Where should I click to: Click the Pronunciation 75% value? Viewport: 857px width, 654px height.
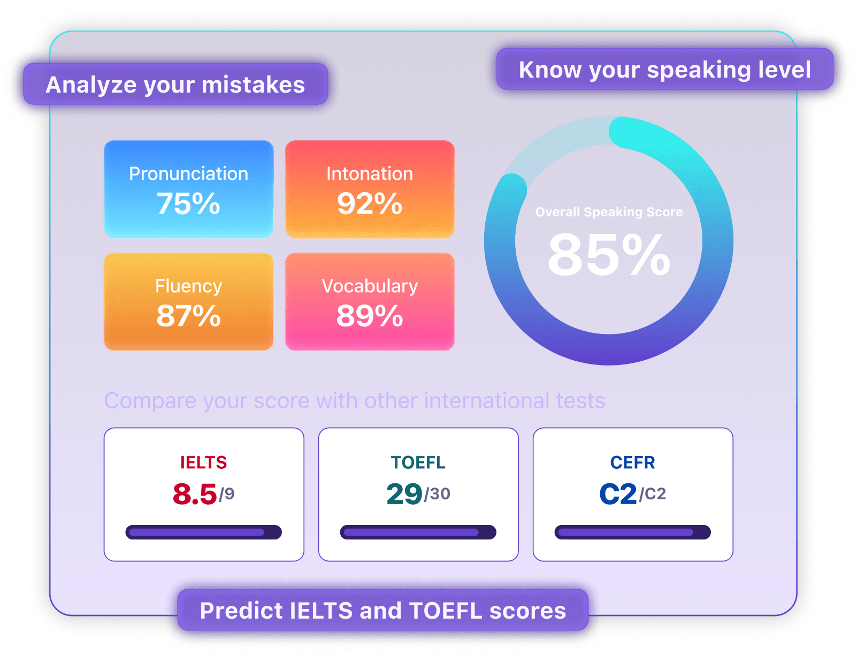point(188,203)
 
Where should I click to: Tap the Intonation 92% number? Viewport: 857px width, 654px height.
point(369,203)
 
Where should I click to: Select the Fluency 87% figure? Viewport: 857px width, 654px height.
point(188,315)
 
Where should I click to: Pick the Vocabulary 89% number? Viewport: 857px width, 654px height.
point(369,315)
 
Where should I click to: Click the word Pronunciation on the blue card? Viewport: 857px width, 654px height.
point(189,173)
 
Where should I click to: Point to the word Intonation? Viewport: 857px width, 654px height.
point(369,173)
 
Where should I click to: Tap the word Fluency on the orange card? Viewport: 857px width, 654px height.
point(189,286)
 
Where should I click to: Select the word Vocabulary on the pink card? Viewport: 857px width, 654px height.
point(369,286)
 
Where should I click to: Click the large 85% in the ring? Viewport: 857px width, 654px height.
point(609,254)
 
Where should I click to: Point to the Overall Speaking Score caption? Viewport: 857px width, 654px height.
point(609,211)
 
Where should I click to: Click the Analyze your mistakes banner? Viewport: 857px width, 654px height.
point(175,84)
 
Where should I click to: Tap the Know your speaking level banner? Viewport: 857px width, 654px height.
point(664,69)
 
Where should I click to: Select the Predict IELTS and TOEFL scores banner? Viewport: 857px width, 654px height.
point(382,610)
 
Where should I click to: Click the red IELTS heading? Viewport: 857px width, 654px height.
point(203,463)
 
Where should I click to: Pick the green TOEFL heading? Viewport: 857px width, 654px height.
point(418,463)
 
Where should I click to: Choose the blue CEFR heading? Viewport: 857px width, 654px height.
point(632,463)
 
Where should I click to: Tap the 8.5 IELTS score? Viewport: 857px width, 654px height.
point(194,494)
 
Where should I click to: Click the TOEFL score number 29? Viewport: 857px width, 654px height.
point(404,494)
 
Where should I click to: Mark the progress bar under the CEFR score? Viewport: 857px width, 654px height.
point(632,532)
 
